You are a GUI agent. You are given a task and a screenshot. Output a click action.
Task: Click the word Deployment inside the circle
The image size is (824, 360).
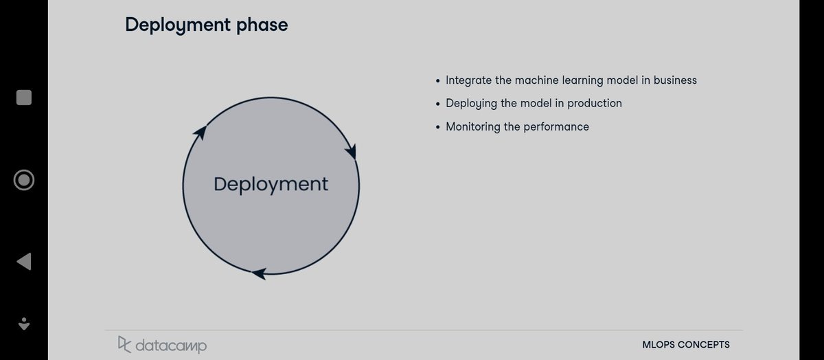click(x=271, y=184)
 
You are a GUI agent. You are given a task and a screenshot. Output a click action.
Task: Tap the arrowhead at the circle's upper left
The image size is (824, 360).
click(x=200, y=133)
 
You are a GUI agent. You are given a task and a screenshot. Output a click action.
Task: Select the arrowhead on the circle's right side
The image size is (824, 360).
click(x=353, y=150)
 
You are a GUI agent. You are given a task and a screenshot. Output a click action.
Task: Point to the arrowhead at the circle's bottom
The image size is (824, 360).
click(x=259, y=273)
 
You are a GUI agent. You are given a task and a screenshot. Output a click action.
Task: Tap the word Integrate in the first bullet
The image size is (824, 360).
click(x=469, y=80)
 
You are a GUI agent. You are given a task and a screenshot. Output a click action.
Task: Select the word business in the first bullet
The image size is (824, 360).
click(x=675, y=80)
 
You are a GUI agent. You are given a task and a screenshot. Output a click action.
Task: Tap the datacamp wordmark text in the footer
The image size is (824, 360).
click(x=170, y=345)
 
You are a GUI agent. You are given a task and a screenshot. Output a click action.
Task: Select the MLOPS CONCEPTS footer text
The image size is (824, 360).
click(x=686, y=345)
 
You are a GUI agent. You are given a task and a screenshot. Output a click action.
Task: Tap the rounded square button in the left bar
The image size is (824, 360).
click(x=24, y=98)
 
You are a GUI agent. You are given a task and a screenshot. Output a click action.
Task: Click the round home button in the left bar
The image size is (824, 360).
click(x=24, y=180)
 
